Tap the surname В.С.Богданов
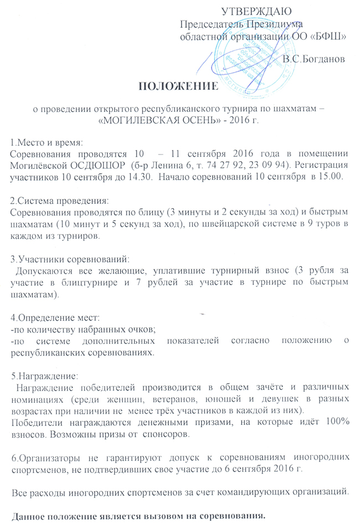313,58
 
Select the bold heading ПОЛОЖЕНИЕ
178,86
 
